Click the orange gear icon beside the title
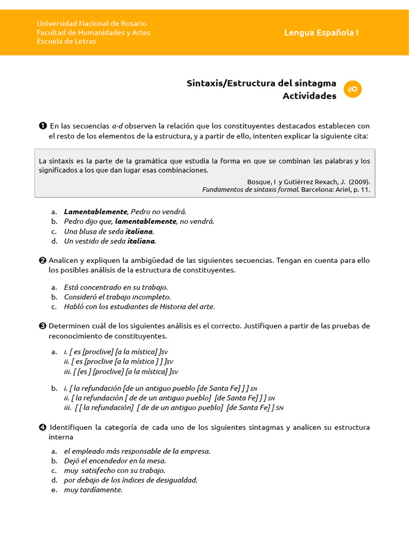pyautogui.click(x=353, y=89)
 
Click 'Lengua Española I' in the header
pyautogui.click(x=321, y=33)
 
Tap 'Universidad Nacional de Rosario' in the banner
pyautogui.click(x=91, y=23)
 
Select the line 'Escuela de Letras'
pyautogui.click(x=66, y=41)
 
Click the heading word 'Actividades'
pyautogui.click(x=309, y=96)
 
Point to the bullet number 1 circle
pyautogui.click(x=42, y=126)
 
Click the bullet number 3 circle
pyautogui.click(x=42, y=326)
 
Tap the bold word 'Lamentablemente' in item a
pyautogui.click(x=96, y=212)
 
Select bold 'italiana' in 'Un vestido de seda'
pyautogui.click(x=141, y=241)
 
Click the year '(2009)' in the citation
pyautogui.click(x=359, y=181)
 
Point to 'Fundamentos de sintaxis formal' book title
pyautogui.click(x=250, y=189)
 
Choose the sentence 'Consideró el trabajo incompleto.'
pyautogui.click(x=117, y=297)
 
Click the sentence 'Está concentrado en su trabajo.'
pyautogui.click(x=116, y=287)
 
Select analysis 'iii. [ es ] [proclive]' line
pyautogui.click(x=121, y=372)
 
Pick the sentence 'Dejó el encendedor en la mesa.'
pyautogui.click(x=115, y=461)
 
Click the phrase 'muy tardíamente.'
pyautogui.click(x=93, y=489)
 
